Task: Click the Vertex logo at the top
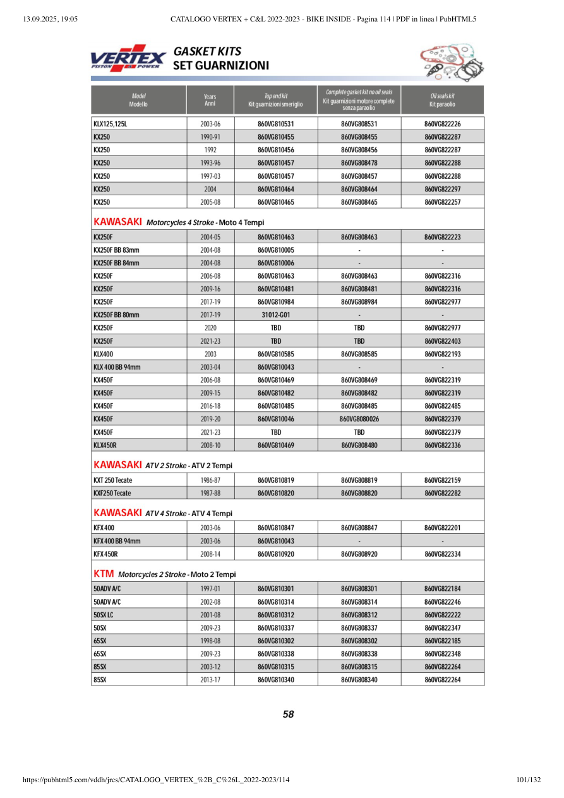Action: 128,59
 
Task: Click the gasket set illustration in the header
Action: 447,62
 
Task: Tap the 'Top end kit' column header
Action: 275,99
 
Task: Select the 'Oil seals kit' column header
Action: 442,99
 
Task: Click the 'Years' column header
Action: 210,99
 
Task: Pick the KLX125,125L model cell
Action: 111,124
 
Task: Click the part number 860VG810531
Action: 276,124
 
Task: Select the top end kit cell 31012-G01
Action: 276,315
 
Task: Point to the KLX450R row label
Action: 105,445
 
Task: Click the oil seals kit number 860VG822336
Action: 442,445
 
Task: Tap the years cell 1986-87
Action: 210,480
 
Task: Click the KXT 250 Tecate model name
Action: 112,480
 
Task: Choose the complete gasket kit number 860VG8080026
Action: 359,420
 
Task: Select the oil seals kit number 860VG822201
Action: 442,528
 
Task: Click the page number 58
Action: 288,715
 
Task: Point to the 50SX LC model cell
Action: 104,615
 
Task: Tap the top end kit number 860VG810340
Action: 276,680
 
